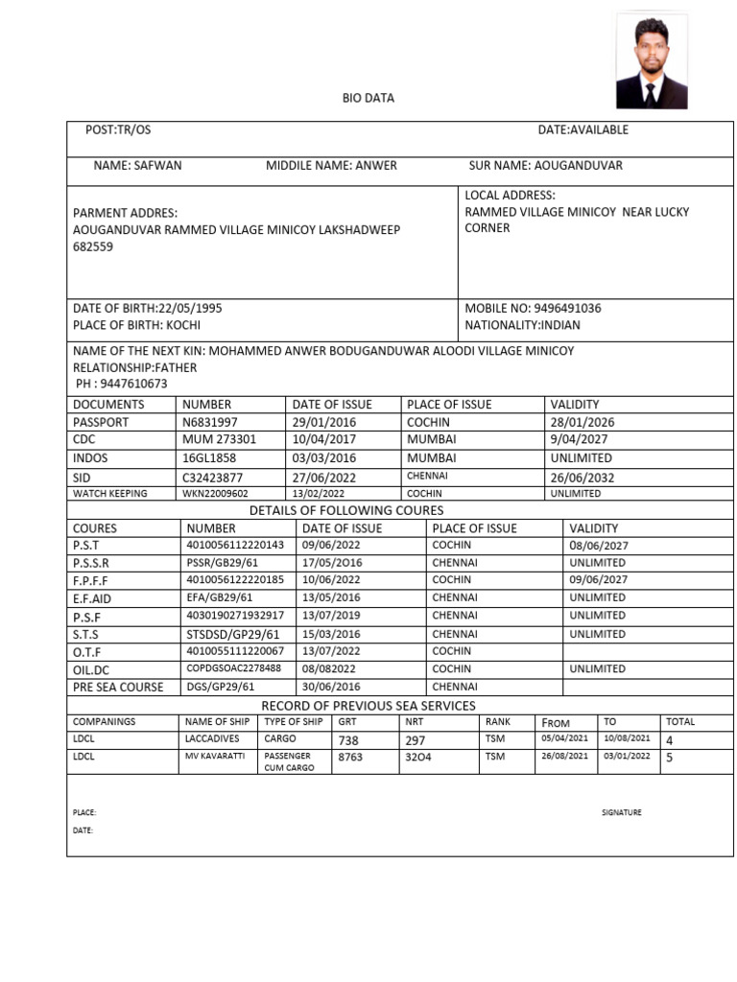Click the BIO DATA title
tap(368, 98)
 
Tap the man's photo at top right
tap(652, 61)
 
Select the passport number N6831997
tap(210, 422)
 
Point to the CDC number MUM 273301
tap(220, 439)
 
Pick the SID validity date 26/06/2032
tap(582, 478)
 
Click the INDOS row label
tap(90, 458)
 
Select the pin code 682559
tap(93, 246)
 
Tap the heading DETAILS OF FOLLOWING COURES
tap(346, 510)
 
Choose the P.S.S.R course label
tap(91, 563)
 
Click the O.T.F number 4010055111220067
tap(235, 651)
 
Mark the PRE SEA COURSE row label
tap(118, 687)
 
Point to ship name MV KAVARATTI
tap(215, 756)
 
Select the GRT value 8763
tap(351, 758)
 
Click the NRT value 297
tap(416, 740)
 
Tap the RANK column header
tap(498, 722)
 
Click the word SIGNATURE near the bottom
tap(622, 813)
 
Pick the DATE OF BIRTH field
tap(148, 309)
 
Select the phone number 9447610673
tap(121, 384)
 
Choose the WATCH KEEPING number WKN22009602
tap(215, 494)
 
